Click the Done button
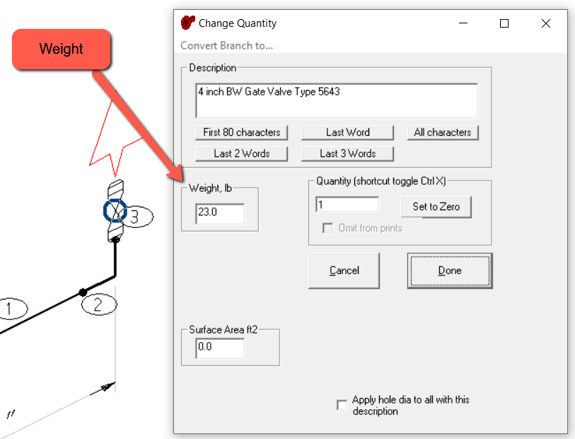tap(449, 270)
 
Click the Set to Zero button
tap(436, 207)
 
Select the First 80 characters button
tap(241, 132)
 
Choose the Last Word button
tap(347, 132)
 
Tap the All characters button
tap(443, 132)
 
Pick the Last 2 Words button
tap(241, 153)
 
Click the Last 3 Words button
tap(347, 153)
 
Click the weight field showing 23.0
tap(220, 214)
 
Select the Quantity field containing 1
tap(347, 205)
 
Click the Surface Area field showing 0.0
tap(220, 348)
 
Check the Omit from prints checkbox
tap(327, 228)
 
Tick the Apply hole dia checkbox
tap(342, 405)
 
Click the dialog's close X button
tap(546, 23)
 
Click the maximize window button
tap(504, 23)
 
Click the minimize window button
tap(463, 23)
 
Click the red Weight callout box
tap(61, 50)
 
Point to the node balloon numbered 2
tap(98, 305)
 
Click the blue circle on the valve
tap(115, 210)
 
